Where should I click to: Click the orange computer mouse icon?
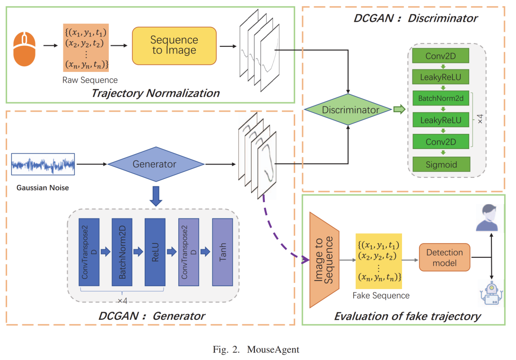[x=24, y=49]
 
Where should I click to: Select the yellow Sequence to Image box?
[x=174, y=46]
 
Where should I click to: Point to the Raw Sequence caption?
[x=90, y=80]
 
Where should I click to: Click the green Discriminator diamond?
[x=348, y=109]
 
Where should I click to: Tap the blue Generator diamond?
[x=156, y=164]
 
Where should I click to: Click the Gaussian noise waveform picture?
[x=43, y=164]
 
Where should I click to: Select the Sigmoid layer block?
[x=441, y=164]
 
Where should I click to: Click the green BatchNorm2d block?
[x=441, y=98]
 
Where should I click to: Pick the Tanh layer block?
[x=222, y=252]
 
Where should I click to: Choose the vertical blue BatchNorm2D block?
[x=122, y=252]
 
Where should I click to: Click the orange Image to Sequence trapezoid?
[x=324, y=260]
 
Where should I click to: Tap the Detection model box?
[x=445, y=257]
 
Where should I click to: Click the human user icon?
[x=488, y=218]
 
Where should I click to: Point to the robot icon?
[x=491, y=293]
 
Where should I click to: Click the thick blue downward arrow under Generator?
[x=156, y=196]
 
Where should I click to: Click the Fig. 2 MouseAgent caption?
[x=256, y=349]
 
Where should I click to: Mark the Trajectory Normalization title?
[x=155, y=93]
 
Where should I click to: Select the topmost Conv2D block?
[x=441, y=56]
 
